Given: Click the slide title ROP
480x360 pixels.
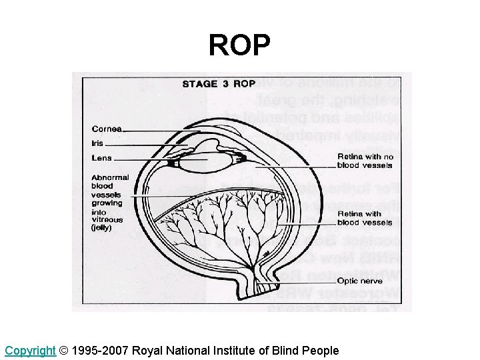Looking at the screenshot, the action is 239,45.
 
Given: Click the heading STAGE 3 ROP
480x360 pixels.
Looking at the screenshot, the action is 219,84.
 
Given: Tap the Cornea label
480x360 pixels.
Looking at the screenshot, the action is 107,129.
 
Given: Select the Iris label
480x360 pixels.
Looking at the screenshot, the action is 99,143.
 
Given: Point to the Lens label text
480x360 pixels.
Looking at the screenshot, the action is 101,158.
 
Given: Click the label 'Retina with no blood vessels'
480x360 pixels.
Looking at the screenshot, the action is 365,161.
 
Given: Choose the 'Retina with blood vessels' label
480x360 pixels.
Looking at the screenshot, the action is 365,218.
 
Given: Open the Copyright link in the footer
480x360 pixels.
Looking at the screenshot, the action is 30,350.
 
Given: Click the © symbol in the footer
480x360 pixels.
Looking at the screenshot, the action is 63,350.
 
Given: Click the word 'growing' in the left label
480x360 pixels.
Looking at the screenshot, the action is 107,203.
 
